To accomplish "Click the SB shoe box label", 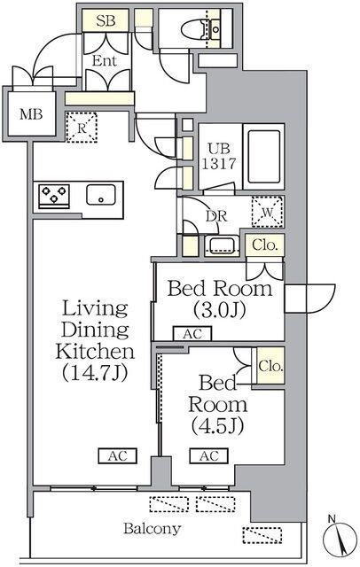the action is tap(106, 21).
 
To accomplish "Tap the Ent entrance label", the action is tap(105, 61).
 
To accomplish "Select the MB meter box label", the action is tap(31, 114).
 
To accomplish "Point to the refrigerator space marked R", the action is tap(82, 128).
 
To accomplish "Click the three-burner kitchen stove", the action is tap(54, 196).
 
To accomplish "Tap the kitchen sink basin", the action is tap(101, 195).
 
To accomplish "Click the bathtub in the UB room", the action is tap(264, 157).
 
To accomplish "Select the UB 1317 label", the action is tap(218, 157).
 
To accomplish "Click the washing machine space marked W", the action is tap(268, 212).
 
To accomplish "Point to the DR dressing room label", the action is tap(216, 216).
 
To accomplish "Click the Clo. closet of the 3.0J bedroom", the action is tap(265, 245).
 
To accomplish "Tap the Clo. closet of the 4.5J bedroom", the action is tap(270, 366).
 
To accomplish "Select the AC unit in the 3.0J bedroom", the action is tap(192, 334).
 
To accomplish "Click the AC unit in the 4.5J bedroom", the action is tap(209, 455).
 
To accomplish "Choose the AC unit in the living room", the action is tap(118, 455).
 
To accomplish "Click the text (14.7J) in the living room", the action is tap(95, 372).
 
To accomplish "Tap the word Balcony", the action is tap(152, 529).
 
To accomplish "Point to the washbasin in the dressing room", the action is tap(222, 245).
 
